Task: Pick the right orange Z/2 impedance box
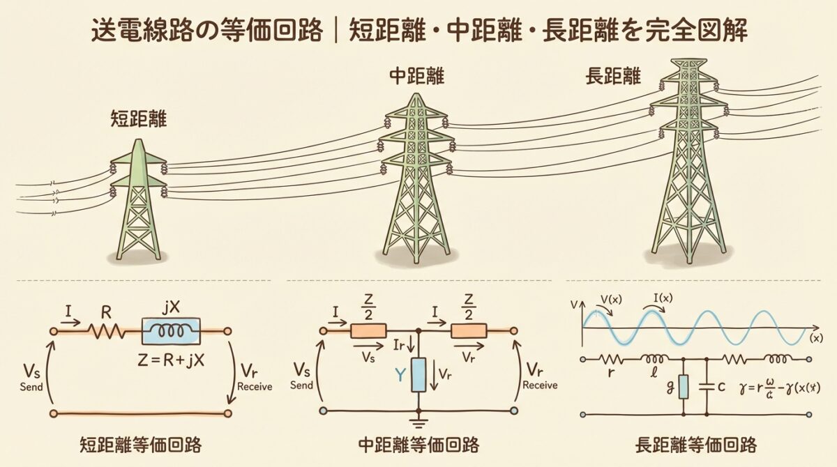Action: pyautogui.click(x=469, y=332)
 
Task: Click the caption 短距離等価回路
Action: pyautogui.click(x=139, y=444)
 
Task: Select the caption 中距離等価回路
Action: pyautogui.click(x=418, y=444)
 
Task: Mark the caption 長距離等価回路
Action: pyautogui.click(x=696, y=444)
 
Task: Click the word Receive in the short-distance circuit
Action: pyautogui.click(x=255, y=386)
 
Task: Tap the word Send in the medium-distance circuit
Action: pyautogui.click(x=301, y=385)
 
